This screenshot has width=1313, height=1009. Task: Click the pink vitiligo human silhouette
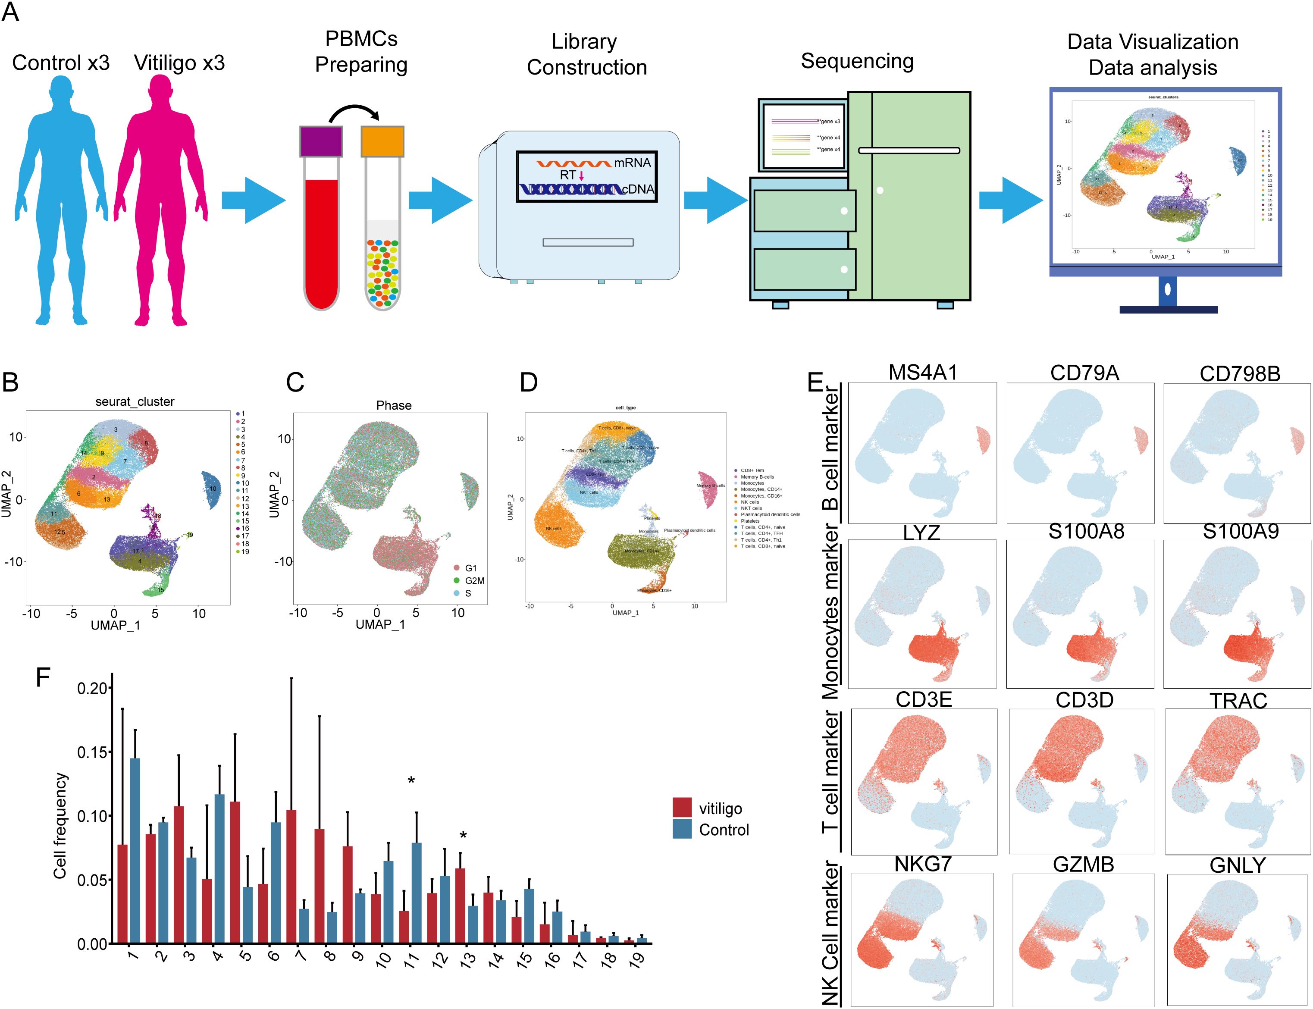click(x=160, y=198)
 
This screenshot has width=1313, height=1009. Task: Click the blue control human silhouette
click(x=62, y=198)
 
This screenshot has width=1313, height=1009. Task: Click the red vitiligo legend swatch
click(x=682, y=808)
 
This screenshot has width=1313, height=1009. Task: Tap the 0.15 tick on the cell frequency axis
click(x=94, y=752)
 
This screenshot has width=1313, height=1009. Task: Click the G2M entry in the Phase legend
click(x=474, y=581)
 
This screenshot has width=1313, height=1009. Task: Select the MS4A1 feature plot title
click(x=923, y=373)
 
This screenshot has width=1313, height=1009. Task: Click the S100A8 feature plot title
click(x=1086, y=532)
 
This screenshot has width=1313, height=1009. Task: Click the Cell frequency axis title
click(x=60, y=826)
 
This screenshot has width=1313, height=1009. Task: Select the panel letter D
click(x=529, y=382)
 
